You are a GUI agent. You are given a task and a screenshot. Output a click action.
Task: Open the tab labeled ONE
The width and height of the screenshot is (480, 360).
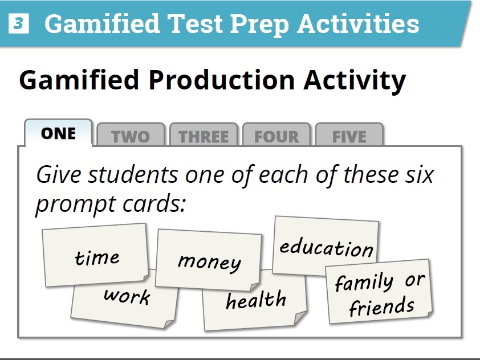click(58, 133)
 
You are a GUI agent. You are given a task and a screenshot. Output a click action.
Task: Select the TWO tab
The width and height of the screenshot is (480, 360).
click(131, 137)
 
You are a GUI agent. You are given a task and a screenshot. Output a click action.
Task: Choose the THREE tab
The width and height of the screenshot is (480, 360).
click(204, 137)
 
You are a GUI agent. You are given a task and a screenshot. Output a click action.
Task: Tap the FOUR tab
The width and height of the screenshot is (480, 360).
click(276, 137)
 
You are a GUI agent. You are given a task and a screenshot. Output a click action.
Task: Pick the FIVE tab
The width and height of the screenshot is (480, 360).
click(349, 137)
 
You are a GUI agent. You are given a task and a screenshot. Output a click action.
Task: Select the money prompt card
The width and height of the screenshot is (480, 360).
click(209, 261)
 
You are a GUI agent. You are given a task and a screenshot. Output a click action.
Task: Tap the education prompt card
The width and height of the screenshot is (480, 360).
click(326, 247)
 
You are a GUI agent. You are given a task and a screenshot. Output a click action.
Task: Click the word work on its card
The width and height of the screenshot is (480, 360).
click(127, 297)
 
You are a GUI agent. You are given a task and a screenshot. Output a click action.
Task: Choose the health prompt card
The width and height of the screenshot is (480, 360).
click(256, 300)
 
